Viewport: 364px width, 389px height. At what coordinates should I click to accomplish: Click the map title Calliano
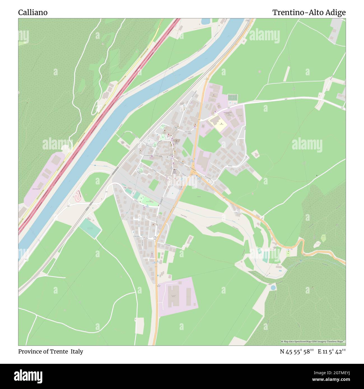coord(33,13)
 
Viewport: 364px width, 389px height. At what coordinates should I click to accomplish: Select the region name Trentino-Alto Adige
coord(309,13)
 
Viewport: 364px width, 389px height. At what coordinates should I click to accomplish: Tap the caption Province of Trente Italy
coord(51,351)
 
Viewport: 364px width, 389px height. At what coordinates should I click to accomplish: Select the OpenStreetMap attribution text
coord(313,341)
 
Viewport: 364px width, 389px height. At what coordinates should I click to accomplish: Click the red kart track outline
coord(78,196)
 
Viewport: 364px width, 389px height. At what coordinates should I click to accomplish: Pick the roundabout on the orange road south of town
coord(155,238)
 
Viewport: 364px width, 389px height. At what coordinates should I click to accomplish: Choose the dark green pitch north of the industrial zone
coord(232,97)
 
